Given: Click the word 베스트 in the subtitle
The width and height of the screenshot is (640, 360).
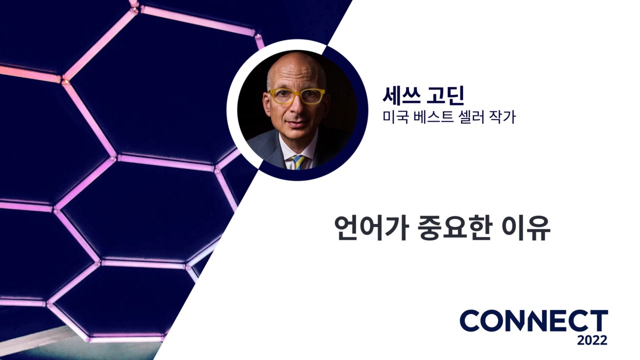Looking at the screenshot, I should point(429,118).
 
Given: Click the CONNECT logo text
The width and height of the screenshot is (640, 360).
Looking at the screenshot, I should point(533,320).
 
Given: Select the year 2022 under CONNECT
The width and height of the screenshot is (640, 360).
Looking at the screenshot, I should point(592,340).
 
